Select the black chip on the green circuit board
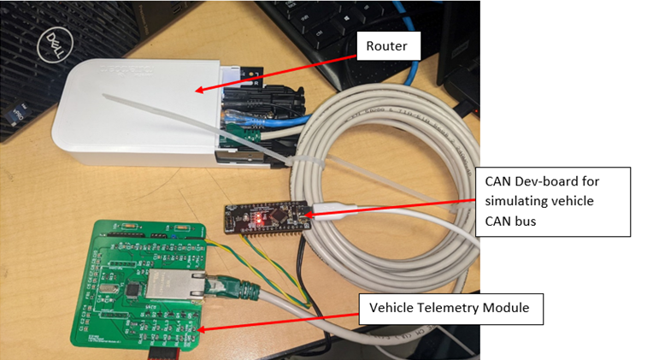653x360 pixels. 135,292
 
